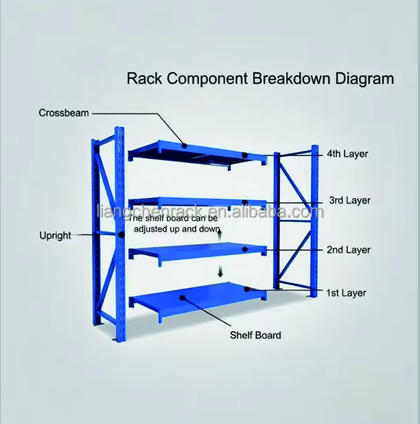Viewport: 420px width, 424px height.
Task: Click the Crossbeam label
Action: pos(64,113)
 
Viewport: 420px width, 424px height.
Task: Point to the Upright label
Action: pos(55,235)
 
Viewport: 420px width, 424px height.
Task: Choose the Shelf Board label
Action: pos(255,335)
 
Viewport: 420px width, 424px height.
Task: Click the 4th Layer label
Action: pos(347,154)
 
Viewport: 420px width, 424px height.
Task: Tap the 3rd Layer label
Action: pos(349,201)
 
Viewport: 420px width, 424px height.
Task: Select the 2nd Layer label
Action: pos(349,249)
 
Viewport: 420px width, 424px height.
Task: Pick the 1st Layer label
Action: pos(347,293)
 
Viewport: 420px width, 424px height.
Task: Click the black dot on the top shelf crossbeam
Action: pos(185,144)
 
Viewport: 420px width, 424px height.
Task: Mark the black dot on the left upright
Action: pos(121,235)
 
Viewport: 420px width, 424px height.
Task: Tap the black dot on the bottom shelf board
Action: pos(183,298)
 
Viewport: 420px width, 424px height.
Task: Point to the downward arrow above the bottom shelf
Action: pos(220,271)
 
